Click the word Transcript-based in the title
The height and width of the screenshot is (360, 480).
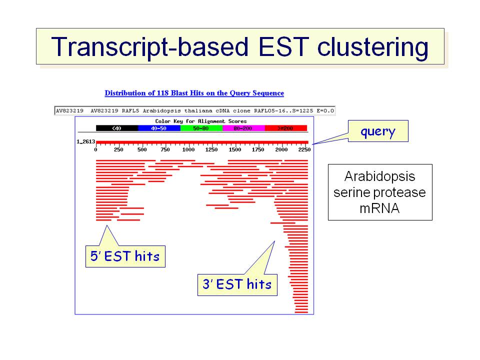point(149,47)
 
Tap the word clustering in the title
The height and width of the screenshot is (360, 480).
point(372,47)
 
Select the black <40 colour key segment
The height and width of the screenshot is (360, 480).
point(117,128)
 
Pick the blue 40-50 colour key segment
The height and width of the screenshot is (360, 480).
point(159,128)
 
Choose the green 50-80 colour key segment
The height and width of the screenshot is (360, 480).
point(201,128)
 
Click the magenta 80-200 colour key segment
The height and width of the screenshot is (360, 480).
point(243,128)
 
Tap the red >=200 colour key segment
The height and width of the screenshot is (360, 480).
point(285,128)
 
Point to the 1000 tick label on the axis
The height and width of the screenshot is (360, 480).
point(188,149)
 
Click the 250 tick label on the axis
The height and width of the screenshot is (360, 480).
point(118,149)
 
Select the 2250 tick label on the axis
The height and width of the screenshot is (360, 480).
point(304,149)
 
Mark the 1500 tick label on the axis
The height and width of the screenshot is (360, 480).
point(235,149)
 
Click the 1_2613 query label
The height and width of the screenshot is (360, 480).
point(85,141)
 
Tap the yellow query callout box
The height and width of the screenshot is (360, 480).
point(378,131)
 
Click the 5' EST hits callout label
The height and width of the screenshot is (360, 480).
point(125,256)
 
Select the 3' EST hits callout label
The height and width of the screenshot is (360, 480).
point(237,284)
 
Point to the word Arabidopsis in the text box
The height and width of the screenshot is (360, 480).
point(379,176)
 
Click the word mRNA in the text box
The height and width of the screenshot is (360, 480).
point(379,208)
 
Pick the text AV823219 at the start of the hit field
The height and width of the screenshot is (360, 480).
point(69,110)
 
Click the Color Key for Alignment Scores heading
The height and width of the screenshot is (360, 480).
point(201,121)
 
